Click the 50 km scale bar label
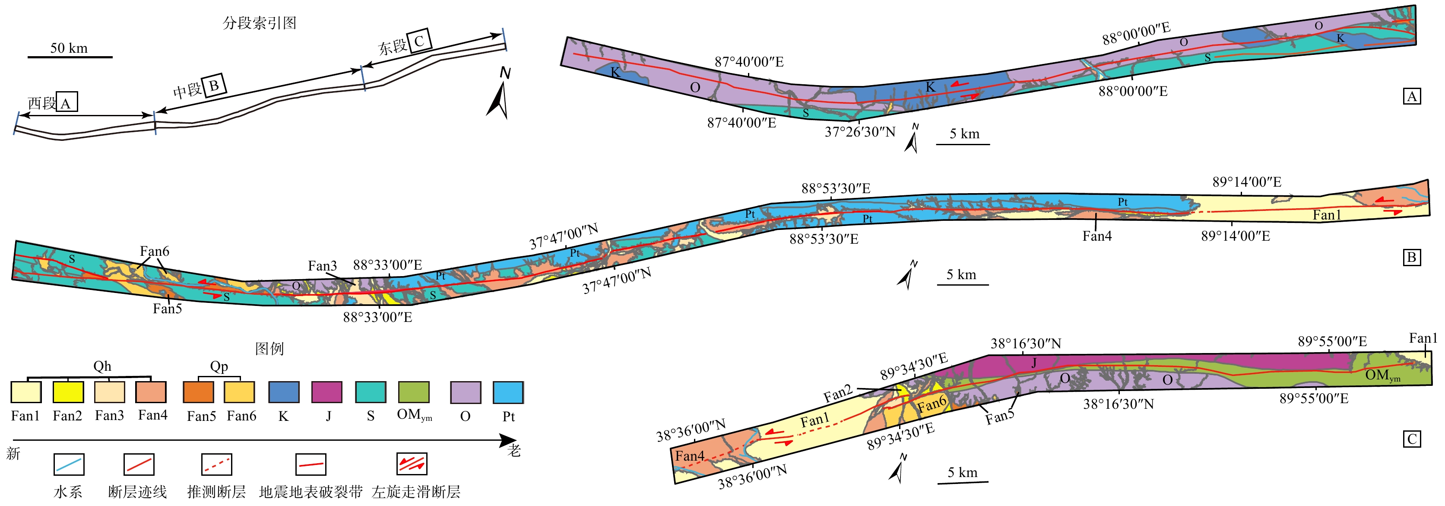point(69,48)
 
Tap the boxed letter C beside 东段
point(419,40)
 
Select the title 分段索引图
point(260,23)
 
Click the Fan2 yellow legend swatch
point(68,391)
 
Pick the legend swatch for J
point(326,391)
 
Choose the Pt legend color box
point(508,391)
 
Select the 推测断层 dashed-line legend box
point(216,465)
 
